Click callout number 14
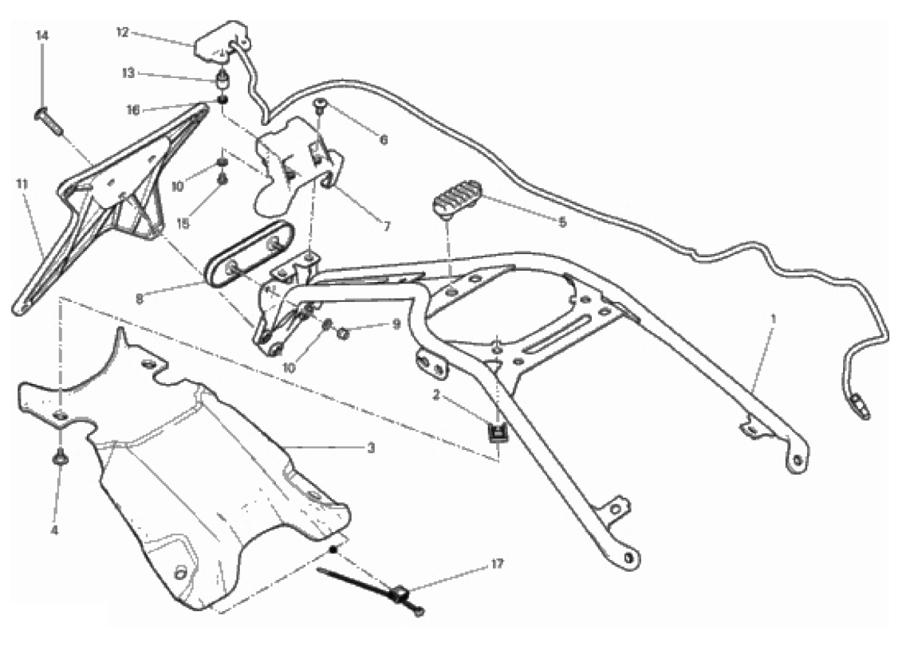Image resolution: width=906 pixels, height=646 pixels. point(42,36)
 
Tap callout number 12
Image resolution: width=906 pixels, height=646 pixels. point(123,33)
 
